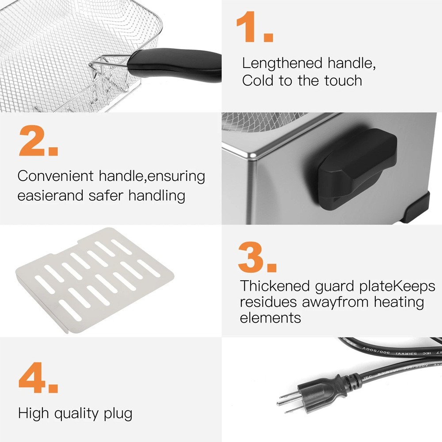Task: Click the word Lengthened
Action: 282,63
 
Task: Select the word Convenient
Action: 55,176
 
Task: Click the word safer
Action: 106,195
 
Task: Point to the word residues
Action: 268,302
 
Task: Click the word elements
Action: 271,318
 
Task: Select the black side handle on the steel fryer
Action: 358,169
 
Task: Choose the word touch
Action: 343,80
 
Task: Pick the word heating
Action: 399,303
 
